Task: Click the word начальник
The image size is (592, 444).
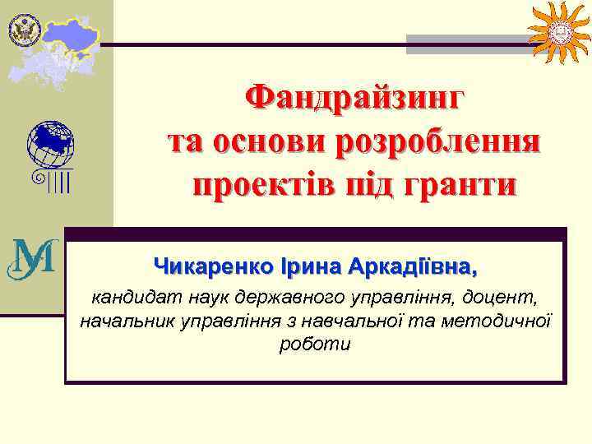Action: point(125,319)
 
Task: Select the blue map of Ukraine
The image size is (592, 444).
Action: point(72,31)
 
